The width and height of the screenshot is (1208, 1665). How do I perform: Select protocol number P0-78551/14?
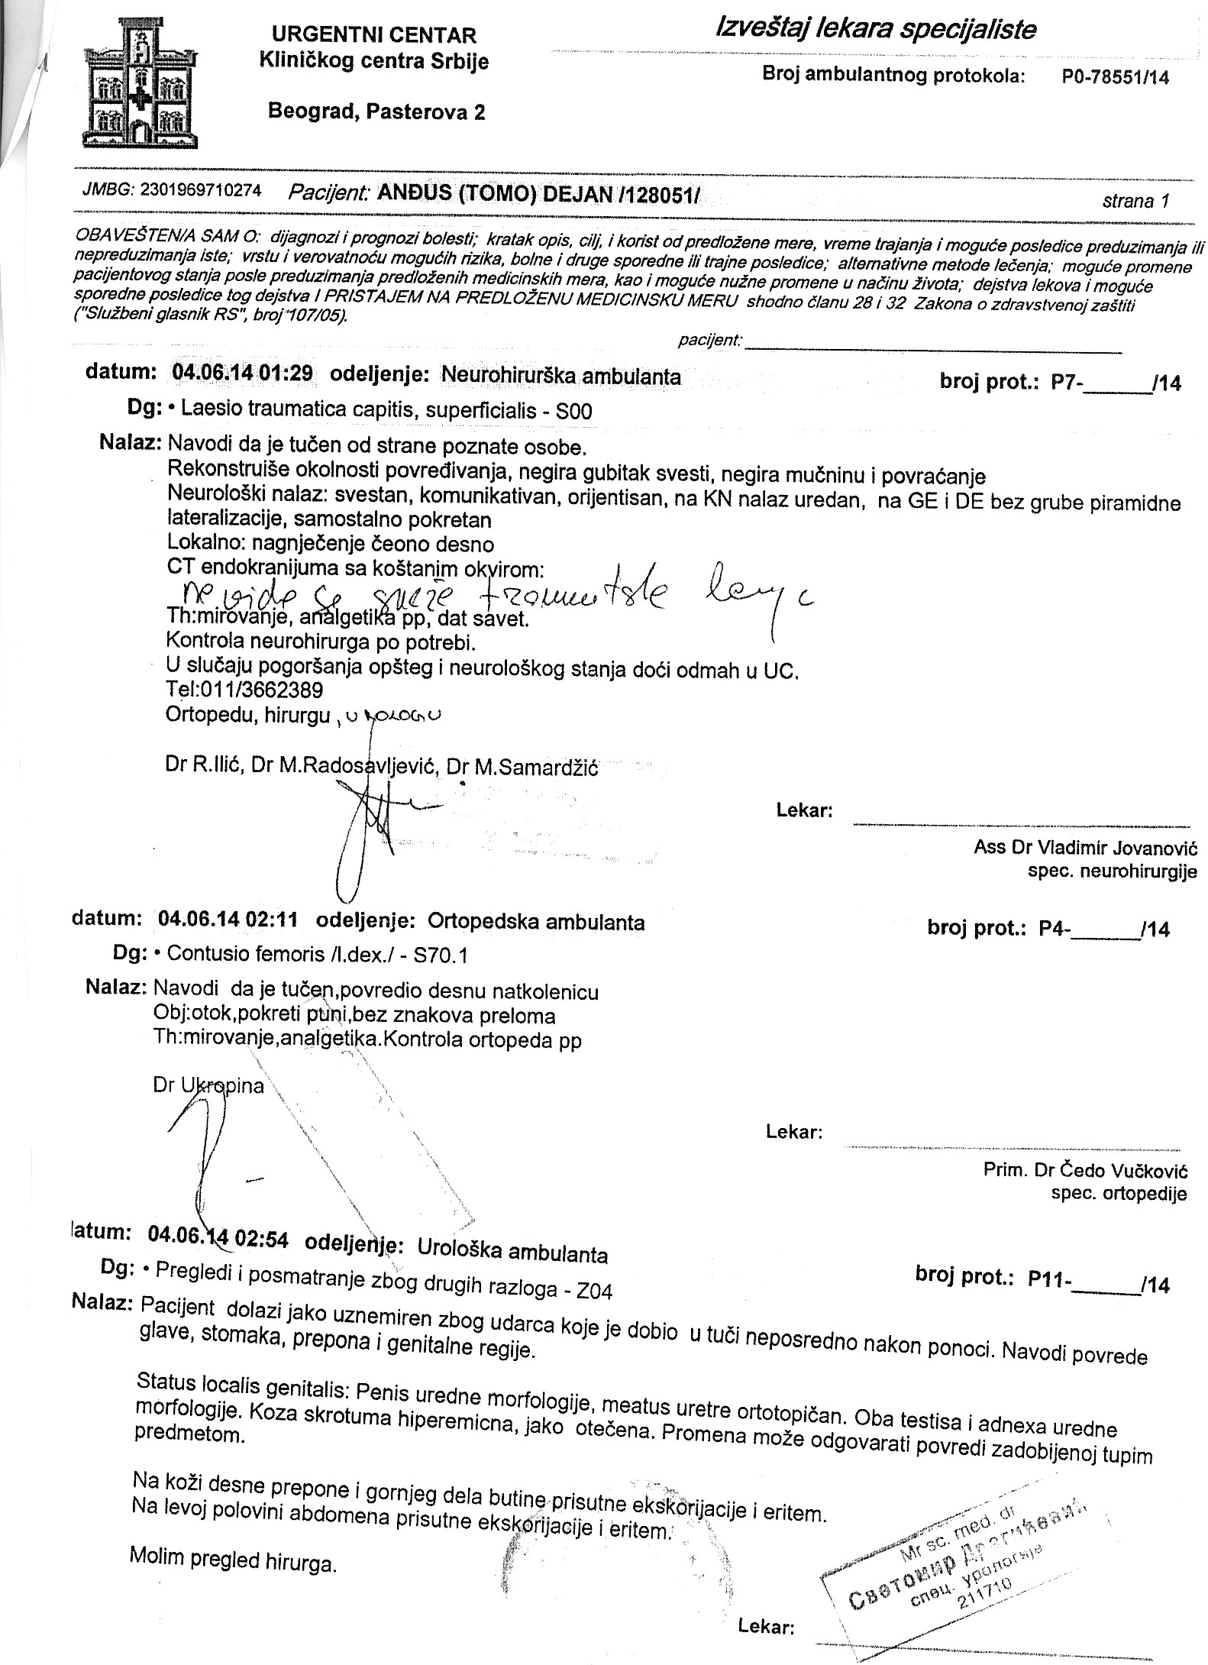[1115, 77]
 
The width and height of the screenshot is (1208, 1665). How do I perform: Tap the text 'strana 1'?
[1135, 202]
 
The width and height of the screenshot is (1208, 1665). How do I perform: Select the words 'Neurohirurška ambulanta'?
[561, 377]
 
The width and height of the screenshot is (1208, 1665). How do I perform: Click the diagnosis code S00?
[574, 412]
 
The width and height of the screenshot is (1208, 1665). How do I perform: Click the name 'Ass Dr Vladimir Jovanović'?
[1085, 847]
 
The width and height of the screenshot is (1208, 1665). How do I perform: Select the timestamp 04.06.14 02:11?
[228, 920]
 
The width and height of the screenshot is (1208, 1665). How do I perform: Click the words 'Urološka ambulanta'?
[512, 1255]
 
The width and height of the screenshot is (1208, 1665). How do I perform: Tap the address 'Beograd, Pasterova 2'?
[376, 112]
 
